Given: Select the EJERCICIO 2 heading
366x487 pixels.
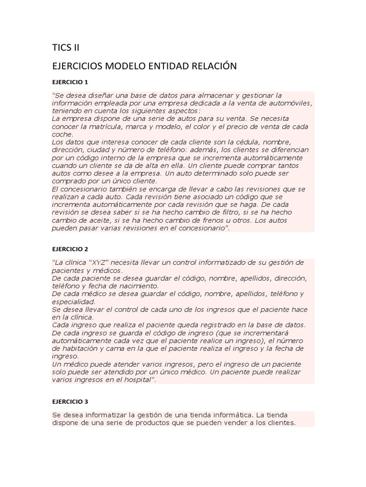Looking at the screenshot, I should coord(70,249).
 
